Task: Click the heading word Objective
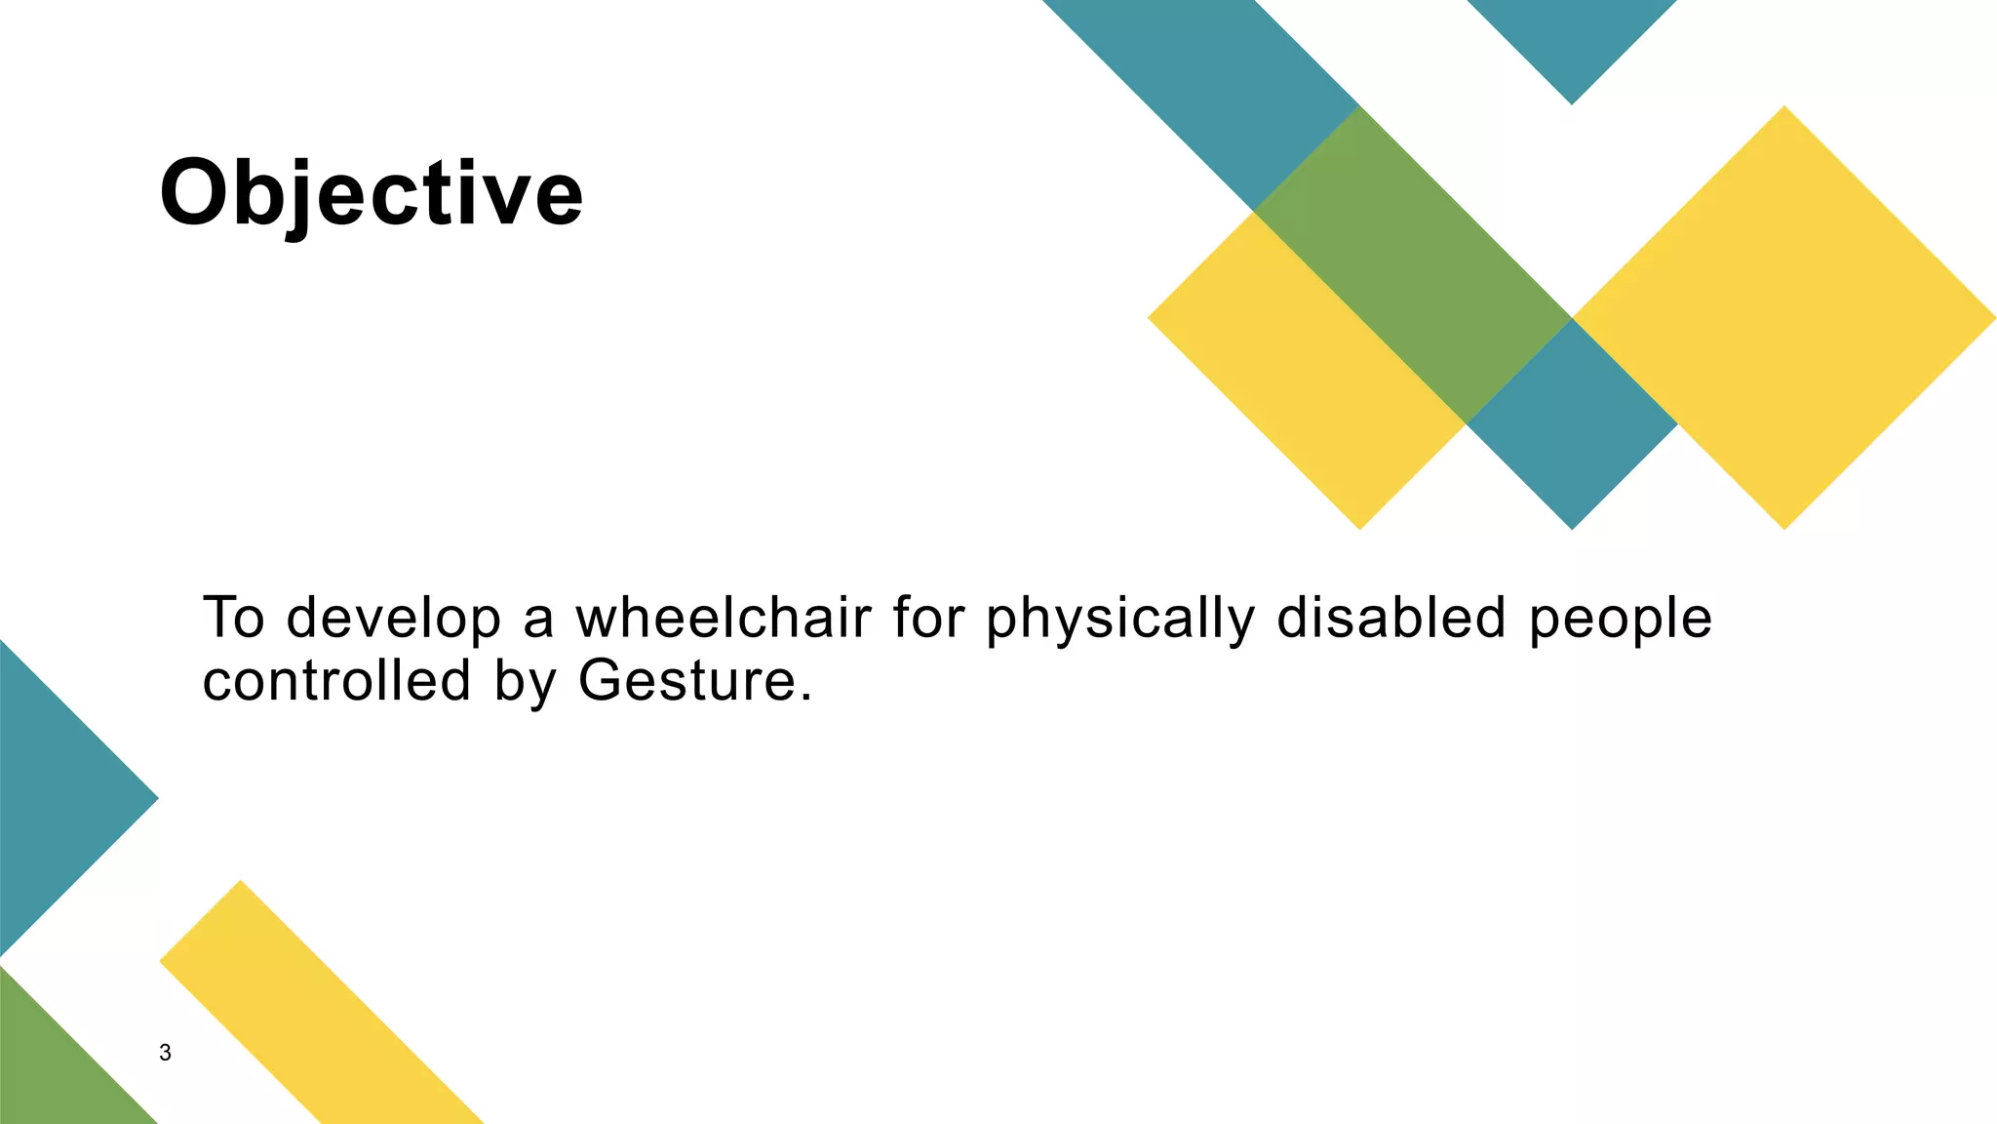pos(371,193)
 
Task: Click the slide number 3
pos(165,1053)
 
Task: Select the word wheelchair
pos(723,618)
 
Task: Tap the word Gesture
pos(687,680)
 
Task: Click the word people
pos(1620,620)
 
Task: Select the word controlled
pos(337,680)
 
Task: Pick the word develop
pos(393,620)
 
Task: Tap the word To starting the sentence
pos(233,618)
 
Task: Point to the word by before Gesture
pos(525,682)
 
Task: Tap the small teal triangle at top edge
pos(1571,39)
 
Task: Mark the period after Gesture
pos(804,699)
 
